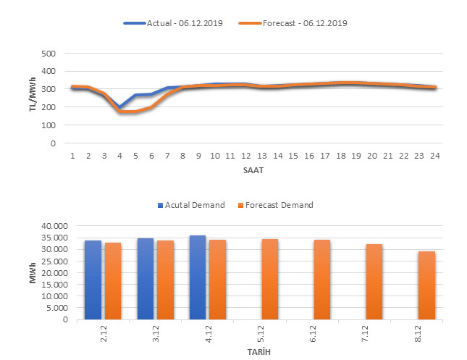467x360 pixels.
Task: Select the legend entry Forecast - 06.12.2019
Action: [x=297, y=23]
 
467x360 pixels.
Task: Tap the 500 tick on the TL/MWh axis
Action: [x=49, y=54]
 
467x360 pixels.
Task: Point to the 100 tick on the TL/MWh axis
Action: [x=49, y=125]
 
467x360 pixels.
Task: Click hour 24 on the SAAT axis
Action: [x=433, y=155]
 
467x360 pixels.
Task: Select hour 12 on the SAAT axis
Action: [x=246, y=155]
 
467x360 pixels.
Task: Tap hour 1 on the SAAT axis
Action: [x=73, y=155]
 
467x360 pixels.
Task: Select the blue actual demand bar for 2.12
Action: [x=93, y=280]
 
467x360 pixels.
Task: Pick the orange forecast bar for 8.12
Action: [x=426, y=285]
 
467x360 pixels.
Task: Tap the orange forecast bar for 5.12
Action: [x=269, y=279]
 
